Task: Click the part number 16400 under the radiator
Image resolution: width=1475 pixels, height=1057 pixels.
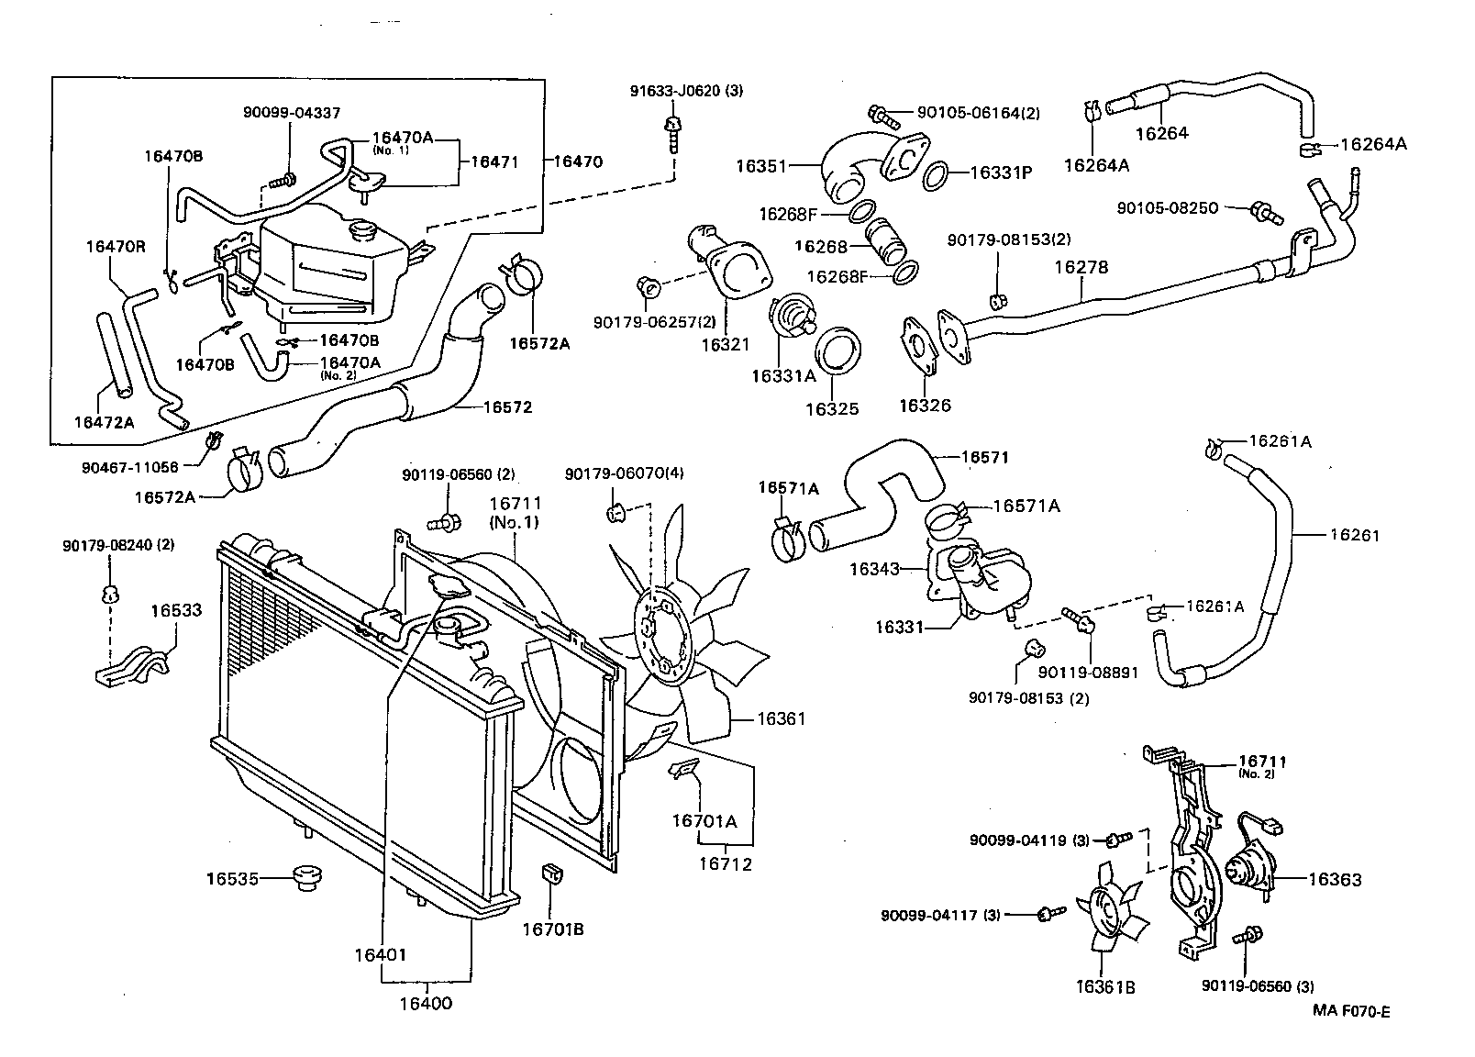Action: (x=425, y=1003)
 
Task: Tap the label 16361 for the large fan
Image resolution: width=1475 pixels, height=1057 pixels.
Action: (x=781, y=718)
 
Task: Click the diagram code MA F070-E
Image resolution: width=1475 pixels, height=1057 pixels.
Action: (x=1351, y=1012)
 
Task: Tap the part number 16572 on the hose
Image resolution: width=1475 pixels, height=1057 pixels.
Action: (x=507, y=406)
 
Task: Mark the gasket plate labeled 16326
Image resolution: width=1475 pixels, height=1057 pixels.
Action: (x=919, y=347)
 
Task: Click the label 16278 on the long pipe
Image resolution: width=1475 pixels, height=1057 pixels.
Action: (x=1081, y=268)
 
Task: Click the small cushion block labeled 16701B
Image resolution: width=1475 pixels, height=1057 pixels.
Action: (x=554, y=874)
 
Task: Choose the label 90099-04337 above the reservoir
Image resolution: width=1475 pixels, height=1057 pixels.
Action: (x=292, y=113)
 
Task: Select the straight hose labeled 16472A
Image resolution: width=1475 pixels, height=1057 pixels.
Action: (x=114, y=356)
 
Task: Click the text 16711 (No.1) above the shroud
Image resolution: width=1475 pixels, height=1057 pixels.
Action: (x=515, y=513)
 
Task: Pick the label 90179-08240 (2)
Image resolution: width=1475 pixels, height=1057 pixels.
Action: (x=118, y=545)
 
